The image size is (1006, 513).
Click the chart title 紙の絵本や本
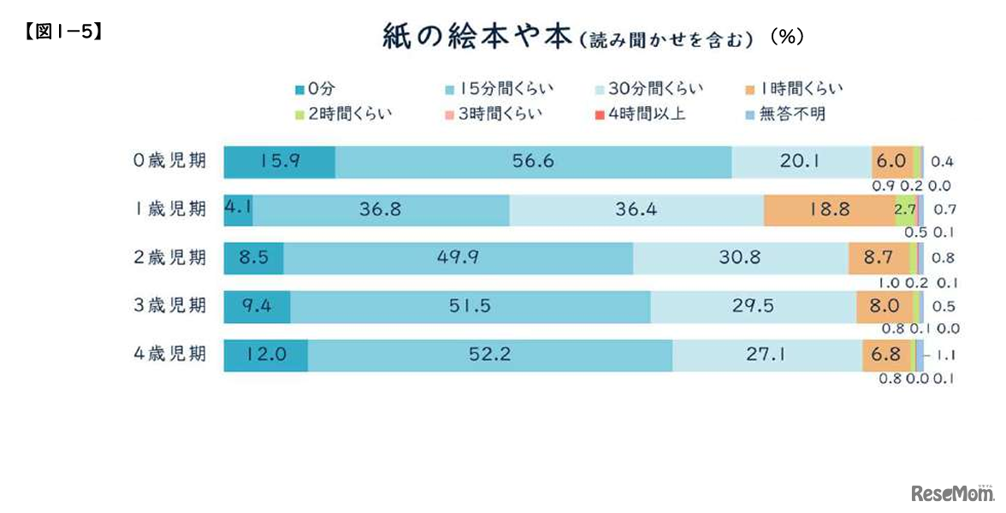pos(476,38)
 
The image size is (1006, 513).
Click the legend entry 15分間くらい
pos(493,88)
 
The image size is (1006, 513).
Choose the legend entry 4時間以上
pos(648,113)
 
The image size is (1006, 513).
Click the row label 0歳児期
pos(171,162)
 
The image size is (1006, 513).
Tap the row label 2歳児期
pos(171,257)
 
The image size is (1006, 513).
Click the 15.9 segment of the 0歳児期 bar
pos(279,162)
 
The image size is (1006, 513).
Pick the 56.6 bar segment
pos(533,162)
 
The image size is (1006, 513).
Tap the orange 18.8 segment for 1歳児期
pos(829,209)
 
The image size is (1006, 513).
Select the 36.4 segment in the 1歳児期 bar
pos(636,209)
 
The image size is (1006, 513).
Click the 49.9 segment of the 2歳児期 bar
pos(458,257)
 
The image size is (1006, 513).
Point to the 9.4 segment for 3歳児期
pos(257,306)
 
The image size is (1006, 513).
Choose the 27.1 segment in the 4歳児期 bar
pos(766,355)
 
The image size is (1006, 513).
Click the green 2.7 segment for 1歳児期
pos(905,209)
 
